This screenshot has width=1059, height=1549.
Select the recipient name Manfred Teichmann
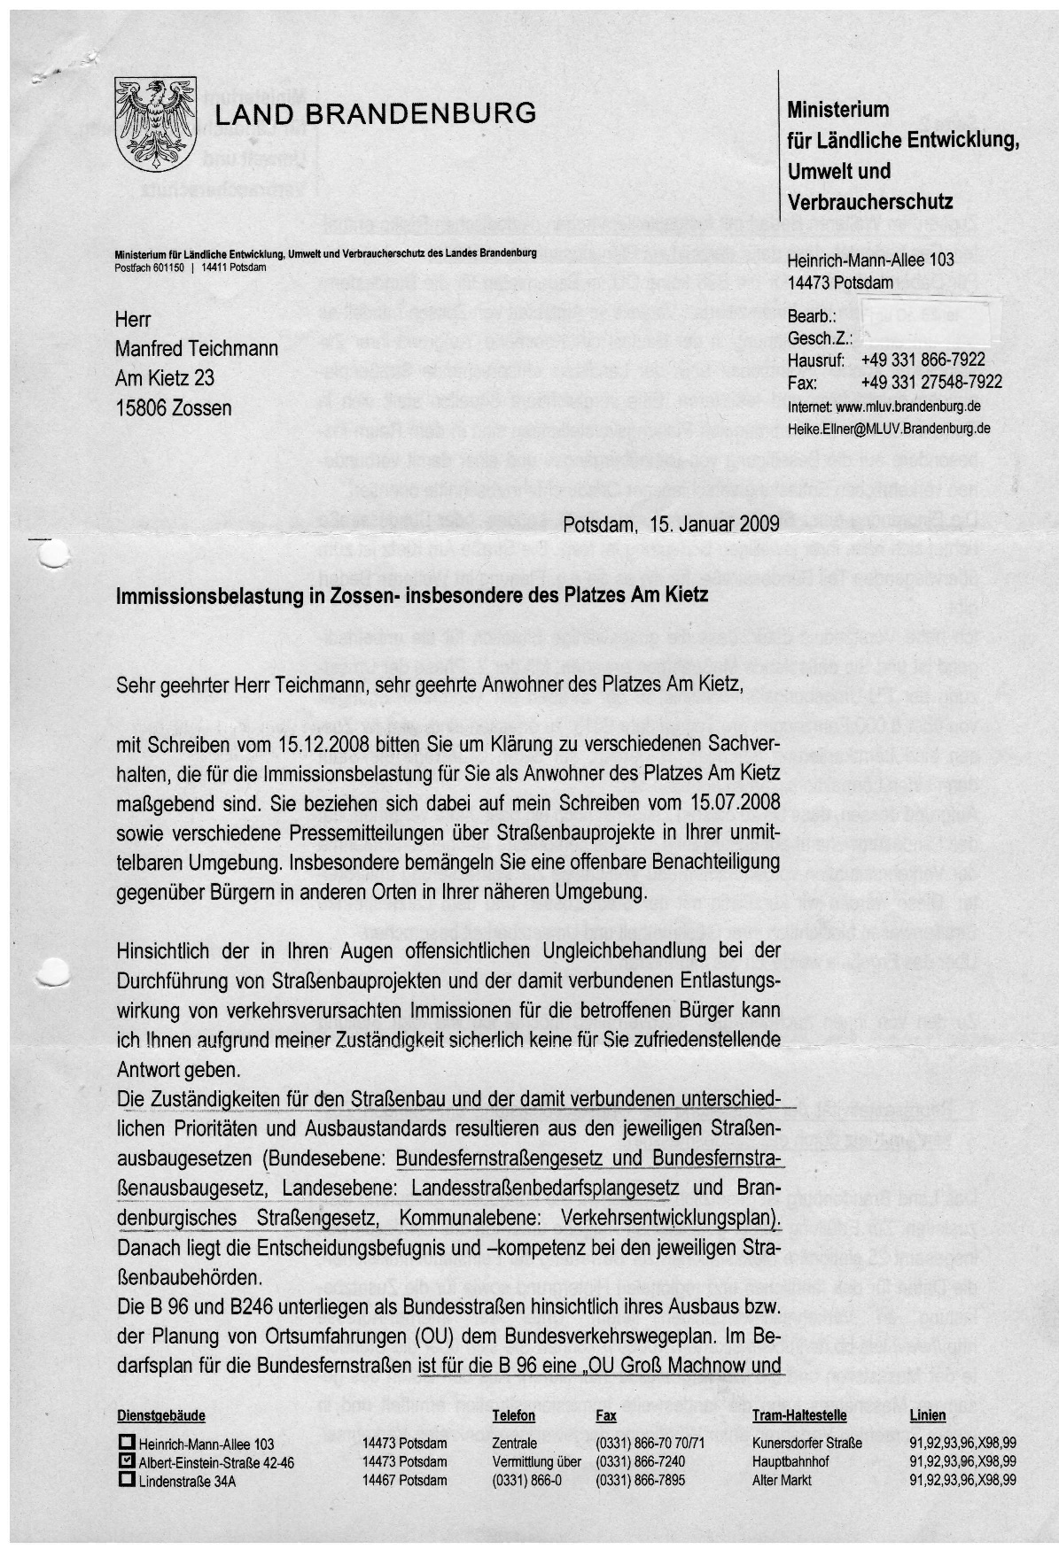197,349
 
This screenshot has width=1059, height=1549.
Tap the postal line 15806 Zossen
174,408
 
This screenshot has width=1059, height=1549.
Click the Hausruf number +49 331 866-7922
923,360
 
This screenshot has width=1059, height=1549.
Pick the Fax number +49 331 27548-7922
931,382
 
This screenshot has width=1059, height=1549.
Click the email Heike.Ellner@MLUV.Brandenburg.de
889,429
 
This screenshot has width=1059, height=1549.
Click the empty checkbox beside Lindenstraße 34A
126,1480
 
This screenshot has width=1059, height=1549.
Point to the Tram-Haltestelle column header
799,1415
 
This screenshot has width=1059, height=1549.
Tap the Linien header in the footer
927,1415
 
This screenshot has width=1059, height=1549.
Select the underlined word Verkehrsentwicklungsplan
672,1218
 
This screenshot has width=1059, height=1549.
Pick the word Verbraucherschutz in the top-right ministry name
870,201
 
